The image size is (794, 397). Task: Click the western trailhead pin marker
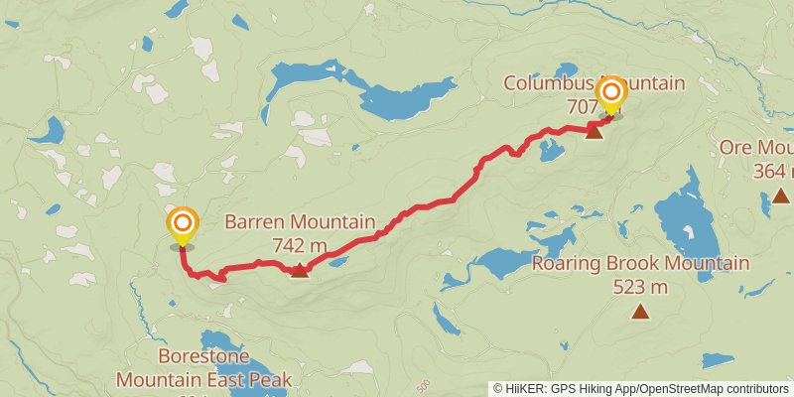tap(182, 224)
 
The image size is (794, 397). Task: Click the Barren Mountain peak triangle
tap(299, 269)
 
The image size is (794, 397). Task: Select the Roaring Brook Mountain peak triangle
tap(640, 313)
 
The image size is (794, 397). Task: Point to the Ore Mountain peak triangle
tap(781, 195)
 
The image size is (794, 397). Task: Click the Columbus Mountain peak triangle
tap(594, 130)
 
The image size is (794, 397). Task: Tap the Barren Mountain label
tap(301, 222)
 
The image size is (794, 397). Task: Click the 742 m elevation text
tap(299, 244)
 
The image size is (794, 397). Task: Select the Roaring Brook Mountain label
tap(640, 264)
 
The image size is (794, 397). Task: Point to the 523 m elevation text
tap(640, 288)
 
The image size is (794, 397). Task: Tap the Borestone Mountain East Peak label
tap(204, 367)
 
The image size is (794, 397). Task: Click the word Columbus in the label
tap(545, 82)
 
